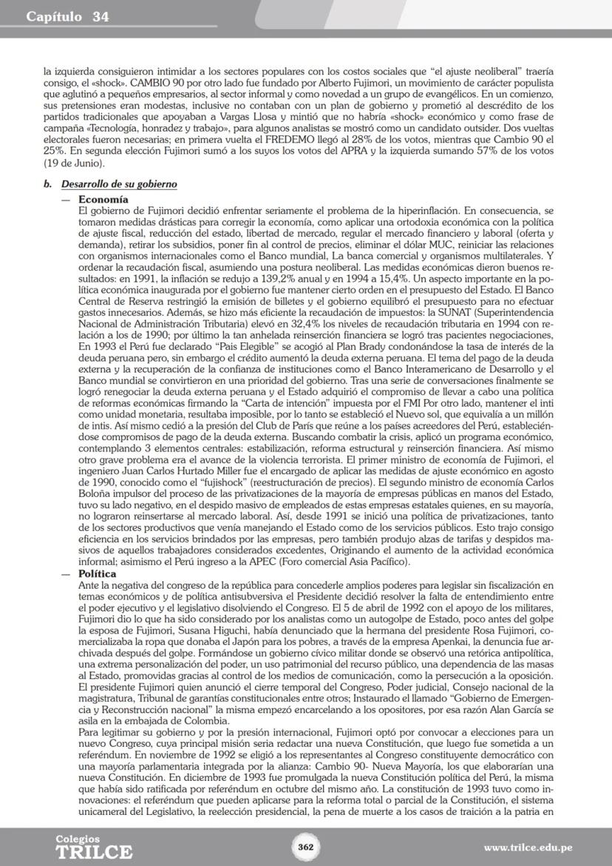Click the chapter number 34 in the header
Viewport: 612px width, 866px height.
pos(100,17)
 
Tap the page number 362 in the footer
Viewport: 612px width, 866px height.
pos(305,847)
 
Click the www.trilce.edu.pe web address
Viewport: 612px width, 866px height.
pos(528,848)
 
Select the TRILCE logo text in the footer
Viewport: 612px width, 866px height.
pos(94,851)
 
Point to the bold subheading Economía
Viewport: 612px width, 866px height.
pos(103,200)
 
